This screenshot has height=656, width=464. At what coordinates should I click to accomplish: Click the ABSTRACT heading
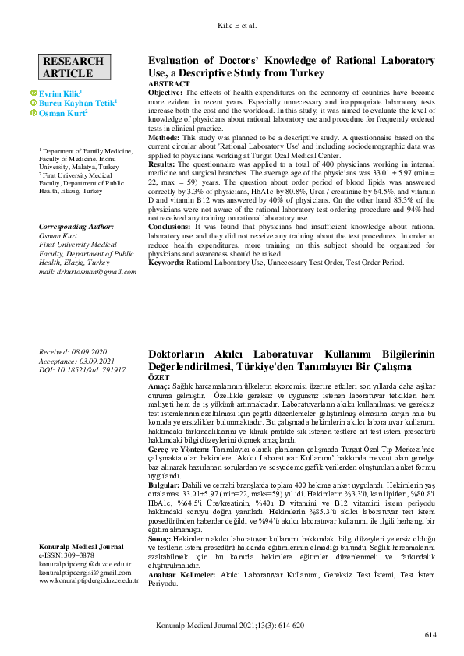pyautogui.click(x=168, y=83)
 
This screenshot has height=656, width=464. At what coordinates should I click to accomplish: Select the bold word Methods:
pyautogui.click(x=164, y=136)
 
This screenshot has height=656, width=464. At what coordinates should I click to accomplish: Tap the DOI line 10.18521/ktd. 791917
pyautogui.click(x=82, y=370)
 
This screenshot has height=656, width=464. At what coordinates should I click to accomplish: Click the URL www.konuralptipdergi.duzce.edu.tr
pyautogui.click(x=89, y=580)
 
